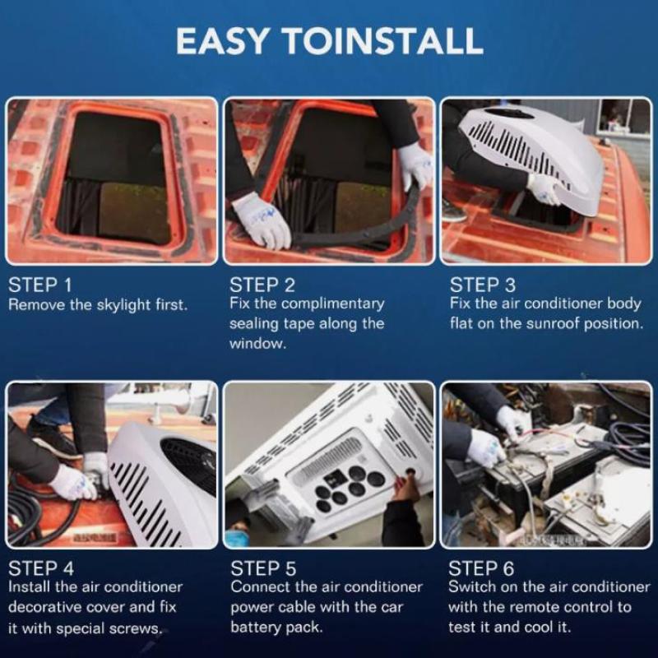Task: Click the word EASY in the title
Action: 221,40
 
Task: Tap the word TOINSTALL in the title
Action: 383,40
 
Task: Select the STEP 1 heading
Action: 40,285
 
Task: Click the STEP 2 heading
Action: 262,285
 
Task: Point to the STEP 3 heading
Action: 483,285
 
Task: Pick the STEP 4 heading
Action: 41,568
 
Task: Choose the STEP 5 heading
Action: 263,568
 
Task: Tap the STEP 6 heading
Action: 481,568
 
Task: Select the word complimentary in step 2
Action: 332,304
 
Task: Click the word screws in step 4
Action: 136,629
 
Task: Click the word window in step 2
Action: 257,344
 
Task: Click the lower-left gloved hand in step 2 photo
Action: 262,222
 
